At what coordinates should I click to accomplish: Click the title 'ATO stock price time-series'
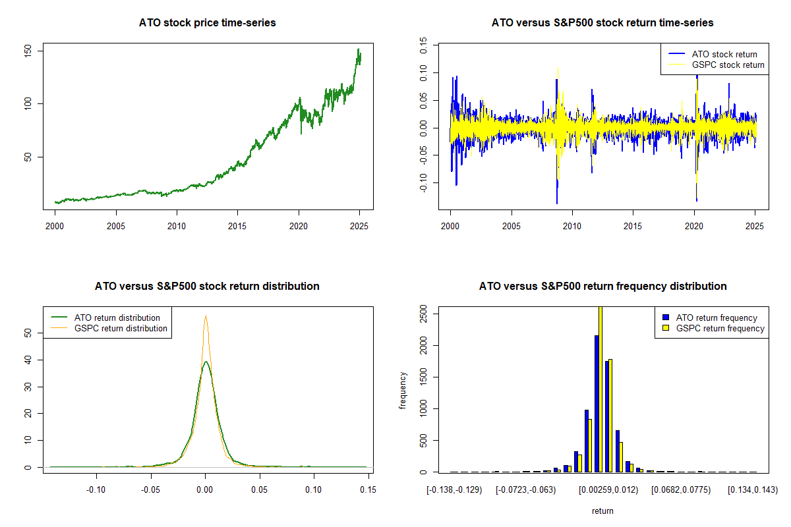point(207,22)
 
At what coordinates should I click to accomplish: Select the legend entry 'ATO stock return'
point(724,54)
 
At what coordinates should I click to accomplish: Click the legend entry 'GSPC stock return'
point(728,65)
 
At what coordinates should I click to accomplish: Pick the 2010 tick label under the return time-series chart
point(572,226)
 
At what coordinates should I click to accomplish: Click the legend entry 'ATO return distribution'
point(117,318)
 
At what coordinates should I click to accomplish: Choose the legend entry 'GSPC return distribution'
point(121,328)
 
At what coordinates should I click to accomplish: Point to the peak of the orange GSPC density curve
point(206,316)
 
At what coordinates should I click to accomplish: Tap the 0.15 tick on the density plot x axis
point(368,489)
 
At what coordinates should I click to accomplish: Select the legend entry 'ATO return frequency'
point(717,318)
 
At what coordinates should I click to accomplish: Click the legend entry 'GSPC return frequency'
point(720,328)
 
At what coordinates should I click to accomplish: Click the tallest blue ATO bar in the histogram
point(597,403)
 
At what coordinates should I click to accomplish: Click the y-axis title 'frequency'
point(403,391)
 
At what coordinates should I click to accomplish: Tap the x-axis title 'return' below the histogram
point(602,511)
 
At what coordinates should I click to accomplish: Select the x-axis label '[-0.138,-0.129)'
point(454,489)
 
